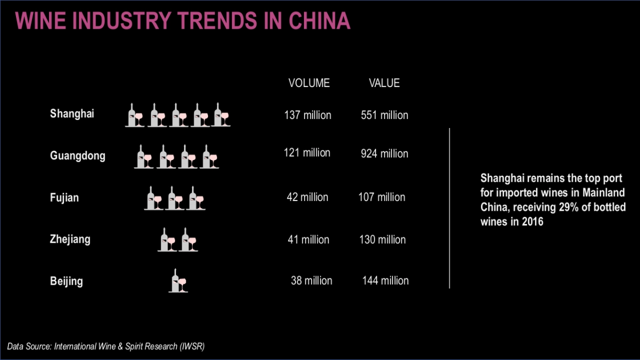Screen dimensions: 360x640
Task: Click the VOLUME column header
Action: coord(309,83)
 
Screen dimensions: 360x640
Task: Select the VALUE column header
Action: coord(384,83)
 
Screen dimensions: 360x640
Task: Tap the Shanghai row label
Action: coord(72,114)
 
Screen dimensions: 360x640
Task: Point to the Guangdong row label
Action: coord(77,156)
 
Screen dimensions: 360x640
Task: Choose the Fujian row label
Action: coord(64,198)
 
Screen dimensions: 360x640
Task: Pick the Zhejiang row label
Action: coord(70,239)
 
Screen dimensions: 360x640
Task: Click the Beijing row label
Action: coord(66,281)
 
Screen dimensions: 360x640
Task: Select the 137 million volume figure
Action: coord(308,115)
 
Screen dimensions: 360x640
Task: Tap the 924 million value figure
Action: coord(385,154)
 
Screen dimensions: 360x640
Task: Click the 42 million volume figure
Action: coord(308,197)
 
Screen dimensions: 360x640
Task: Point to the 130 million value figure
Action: coord(382,239)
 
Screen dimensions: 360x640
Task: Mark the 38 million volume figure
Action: coord(311,281)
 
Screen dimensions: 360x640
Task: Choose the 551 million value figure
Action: coord(385,115)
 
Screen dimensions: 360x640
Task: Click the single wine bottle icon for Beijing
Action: coord(178,281)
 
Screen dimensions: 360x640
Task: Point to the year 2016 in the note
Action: coord(532,222)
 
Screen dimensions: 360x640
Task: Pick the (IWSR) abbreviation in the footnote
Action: coord(191,347)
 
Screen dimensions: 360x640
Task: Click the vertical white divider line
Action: coord(450,208)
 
